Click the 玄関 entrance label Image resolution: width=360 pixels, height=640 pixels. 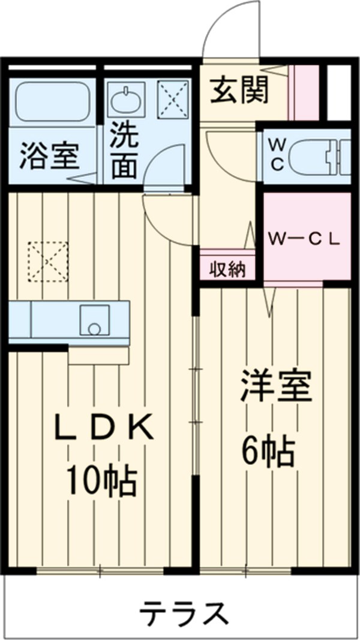[239, 91]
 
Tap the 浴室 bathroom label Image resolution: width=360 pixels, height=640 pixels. [49, 155]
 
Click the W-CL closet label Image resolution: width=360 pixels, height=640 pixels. [304, 238]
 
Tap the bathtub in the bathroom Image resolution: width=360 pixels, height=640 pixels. [52, 101]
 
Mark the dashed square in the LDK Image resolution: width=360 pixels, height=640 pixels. [48, 261]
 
